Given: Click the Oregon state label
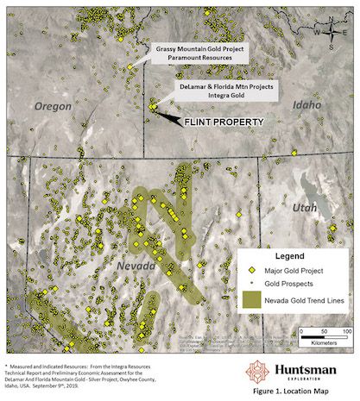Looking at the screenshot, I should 54,105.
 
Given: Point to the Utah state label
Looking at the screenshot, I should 306,208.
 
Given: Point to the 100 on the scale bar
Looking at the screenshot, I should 345,330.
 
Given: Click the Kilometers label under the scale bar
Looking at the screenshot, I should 325,341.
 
